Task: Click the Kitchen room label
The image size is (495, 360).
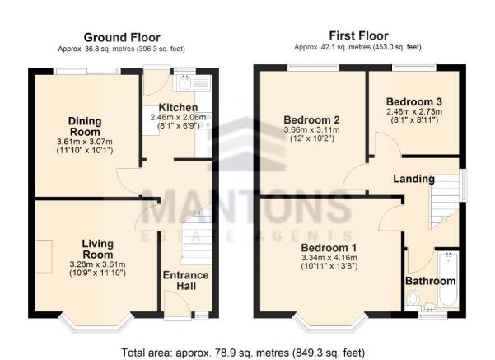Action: pyautogui.click(x=178, y=108)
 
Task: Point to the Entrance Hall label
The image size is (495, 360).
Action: pyautogui.click(x=186, y=280)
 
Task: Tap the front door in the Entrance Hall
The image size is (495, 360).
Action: pyautogui.click(x=175, y=311)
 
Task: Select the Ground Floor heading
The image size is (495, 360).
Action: pyautogui.click(x=121, y=37)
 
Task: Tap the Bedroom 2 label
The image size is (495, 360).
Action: pyautogui.click(x=309, y=119)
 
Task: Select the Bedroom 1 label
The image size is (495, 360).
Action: pyautogui.click(x=329, y=248)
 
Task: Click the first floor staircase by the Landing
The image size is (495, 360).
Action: pyautogui.click(x=443, y=202)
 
